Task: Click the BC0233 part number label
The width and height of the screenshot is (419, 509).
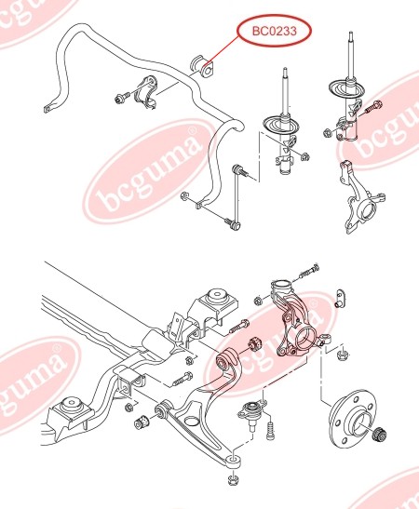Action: pyautogui.click(x=275, y=31)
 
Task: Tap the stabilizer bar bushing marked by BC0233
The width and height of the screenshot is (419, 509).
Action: pyautogui.click(x=202, y=68)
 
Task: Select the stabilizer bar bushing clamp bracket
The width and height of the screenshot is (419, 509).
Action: pyautogui.click(x=146, y=92)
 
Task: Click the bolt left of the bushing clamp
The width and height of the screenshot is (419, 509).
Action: pyautogui.click(x=123, y=97)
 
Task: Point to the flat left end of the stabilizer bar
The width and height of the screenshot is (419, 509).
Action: pyautogui.click(x=48, y=108)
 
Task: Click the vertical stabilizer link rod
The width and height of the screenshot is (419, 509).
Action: pyautogui.click(x=237, y=197)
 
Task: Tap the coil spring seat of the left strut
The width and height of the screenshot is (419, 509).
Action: pyautogui.click(x=281, y=124)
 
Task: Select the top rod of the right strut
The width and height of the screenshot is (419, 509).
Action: pyautogui.click(x=351, y=55)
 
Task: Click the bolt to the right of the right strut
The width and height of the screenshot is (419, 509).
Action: pyautogui.click(x=373, y=107)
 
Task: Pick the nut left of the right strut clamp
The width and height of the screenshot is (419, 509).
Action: pyautogui.click(x=328, y=132)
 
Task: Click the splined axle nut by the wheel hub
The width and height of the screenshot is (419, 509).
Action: pyautogui.click(x=379, y=435)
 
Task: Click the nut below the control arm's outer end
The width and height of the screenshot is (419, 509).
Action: pyautogui.click(x=233, y=479)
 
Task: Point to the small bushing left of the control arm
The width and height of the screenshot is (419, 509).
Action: pyautogui.click(x=142, y=421)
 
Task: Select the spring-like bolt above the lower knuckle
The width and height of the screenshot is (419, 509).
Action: pyautogui.click(x=308, y=272)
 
